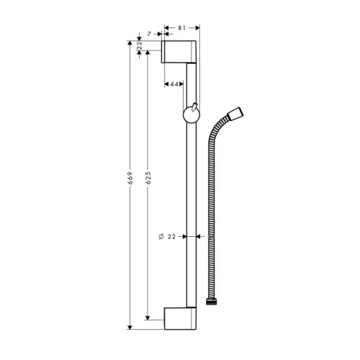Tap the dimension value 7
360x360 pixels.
pos(149,34)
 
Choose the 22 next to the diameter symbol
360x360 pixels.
pos(173,236)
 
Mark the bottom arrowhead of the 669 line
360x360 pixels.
pos(130,325)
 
